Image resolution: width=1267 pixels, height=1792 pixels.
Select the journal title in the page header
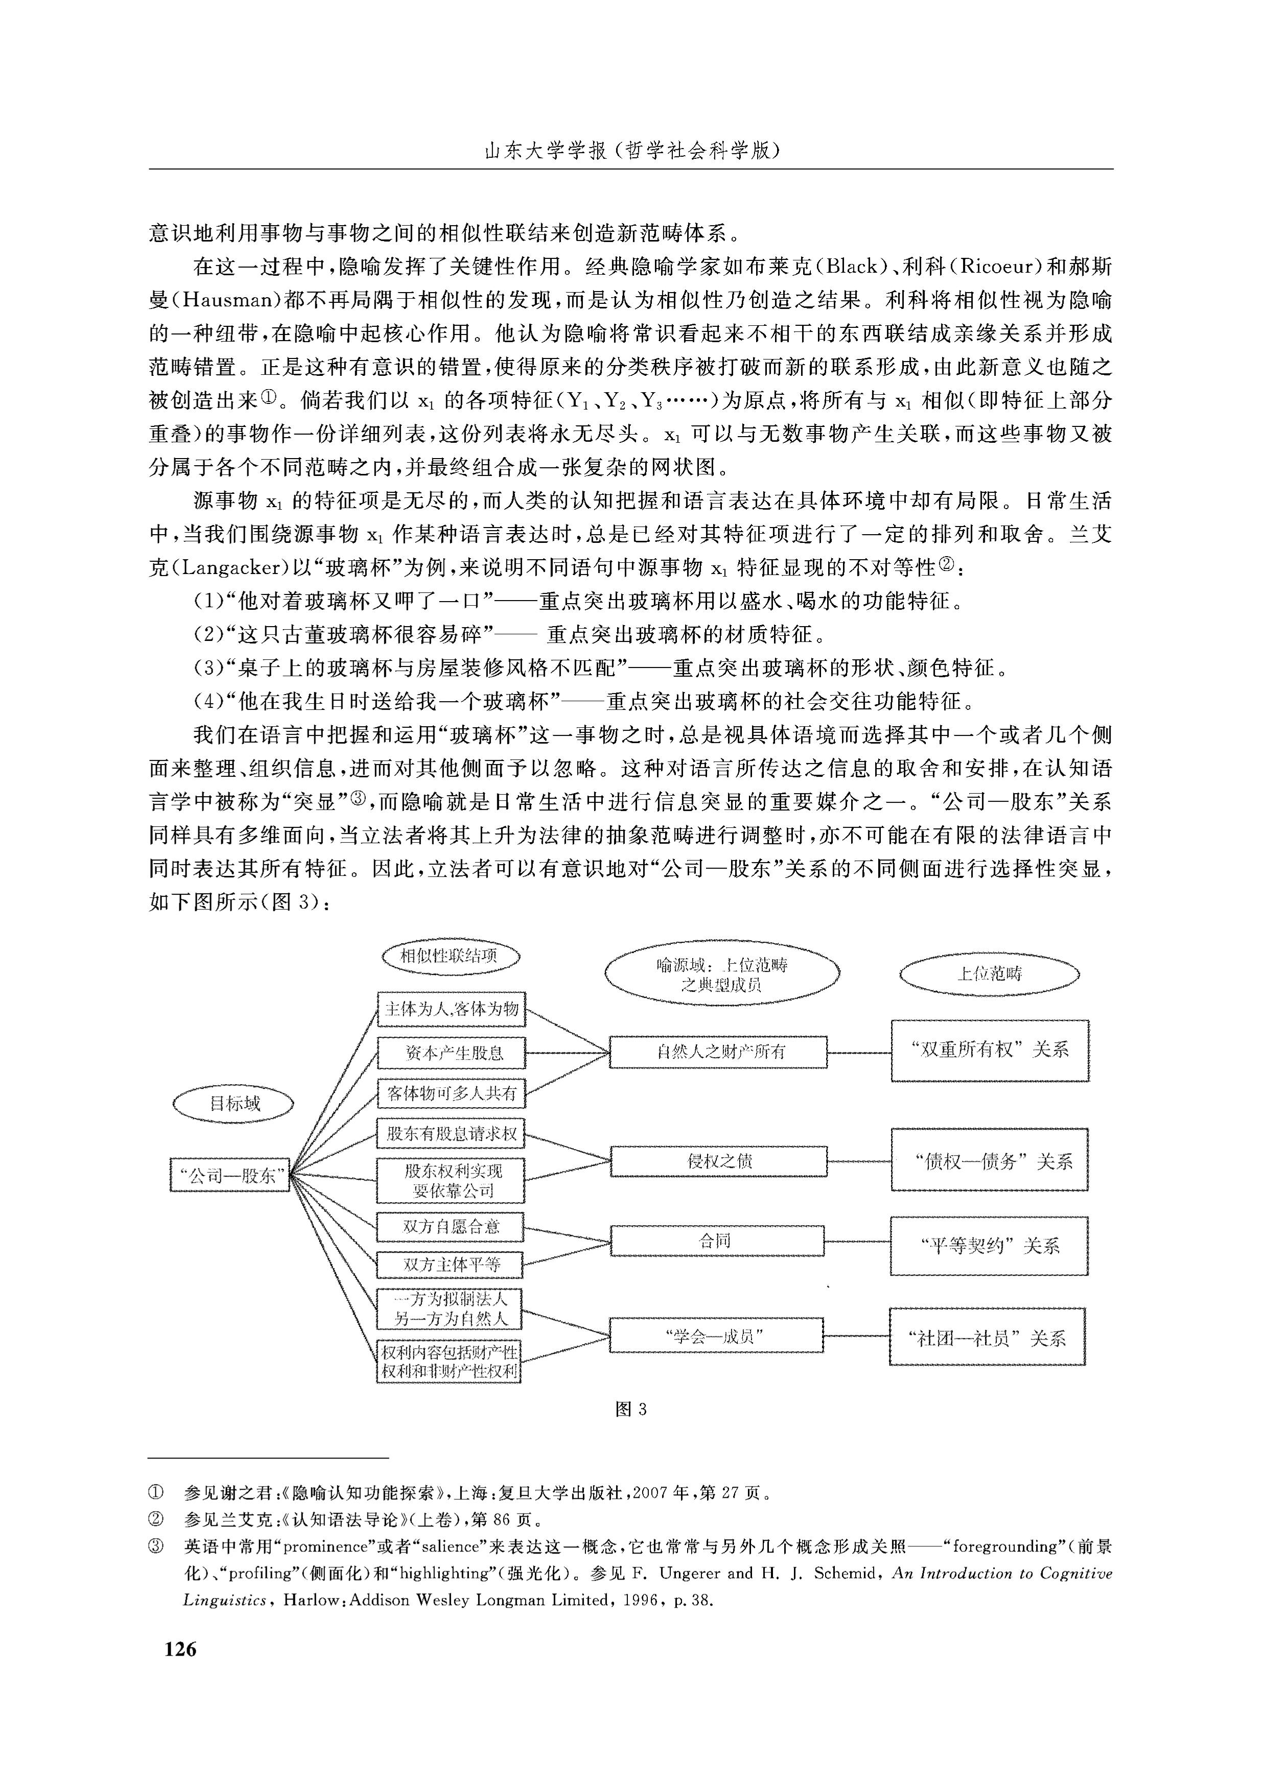click(632, 151)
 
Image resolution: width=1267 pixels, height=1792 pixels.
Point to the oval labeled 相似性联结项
click(451, 956)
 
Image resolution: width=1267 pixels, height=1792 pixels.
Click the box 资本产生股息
click(451, 1053)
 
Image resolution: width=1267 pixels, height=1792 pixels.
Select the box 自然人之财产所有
click(717, 1052)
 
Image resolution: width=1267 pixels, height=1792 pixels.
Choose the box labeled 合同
click(717, 1240)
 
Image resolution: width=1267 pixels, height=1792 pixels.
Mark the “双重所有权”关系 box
click(990, 1050)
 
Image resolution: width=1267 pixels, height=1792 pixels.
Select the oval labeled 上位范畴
click(990, 973)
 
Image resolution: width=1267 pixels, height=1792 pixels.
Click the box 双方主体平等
click(451, 1264)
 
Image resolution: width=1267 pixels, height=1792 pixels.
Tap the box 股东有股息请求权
click(451, 1133)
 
